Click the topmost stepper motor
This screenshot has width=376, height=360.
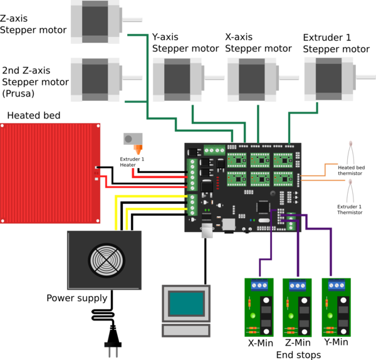[95, 21]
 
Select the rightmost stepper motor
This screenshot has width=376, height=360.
[329, 78]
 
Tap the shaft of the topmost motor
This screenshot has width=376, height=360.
[133, 20]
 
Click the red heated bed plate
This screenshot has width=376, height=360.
[50, 172]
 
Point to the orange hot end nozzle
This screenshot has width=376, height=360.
[138, 151]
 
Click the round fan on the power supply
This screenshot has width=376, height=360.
[107, 260]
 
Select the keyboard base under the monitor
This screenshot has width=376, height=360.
[185, 331]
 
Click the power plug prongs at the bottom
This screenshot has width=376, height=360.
[112, 351]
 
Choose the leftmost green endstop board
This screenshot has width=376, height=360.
[259, 307]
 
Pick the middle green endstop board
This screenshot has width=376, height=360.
[297, 307]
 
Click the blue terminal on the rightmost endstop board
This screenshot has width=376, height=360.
[337, 285]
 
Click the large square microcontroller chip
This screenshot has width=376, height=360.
[264, 206]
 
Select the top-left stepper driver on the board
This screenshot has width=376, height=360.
[237, 160]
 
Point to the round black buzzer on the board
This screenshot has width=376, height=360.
[273, 194]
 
